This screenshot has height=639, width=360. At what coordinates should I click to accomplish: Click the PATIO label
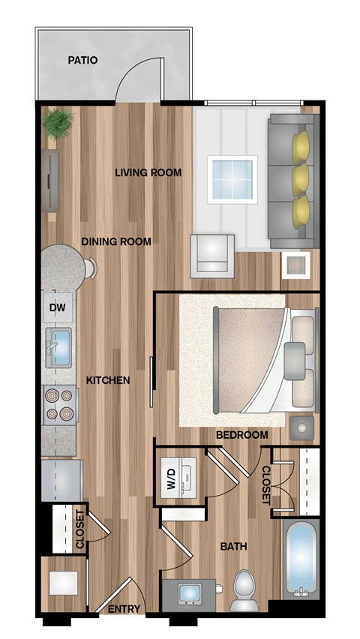(82, 60)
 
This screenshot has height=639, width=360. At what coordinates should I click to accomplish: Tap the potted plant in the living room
(58, 122)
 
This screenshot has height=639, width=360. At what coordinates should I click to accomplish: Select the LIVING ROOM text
(148, 172)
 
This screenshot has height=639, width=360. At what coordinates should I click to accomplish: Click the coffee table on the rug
(232, 178)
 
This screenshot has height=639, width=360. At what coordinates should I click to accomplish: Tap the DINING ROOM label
(116, 241)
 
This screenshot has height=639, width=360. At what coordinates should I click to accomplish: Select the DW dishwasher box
(57, 307)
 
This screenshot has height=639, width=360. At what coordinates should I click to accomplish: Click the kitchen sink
(58, 346)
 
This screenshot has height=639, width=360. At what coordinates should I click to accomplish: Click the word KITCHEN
(107, 380)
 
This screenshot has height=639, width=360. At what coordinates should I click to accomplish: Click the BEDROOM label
(242, 435)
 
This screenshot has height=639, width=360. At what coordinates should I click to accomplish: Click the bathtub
(301, 559)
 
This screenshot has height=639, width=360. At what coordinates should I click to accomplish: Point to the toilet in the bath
(244, 589)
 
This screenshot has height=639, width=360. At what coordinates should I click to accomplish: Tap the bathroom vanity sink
(189, 592)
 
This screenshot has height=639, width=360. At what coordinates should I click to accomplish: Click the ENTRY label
(124, 609)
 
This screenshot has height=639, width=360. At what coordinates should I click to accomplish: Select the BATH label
(233, 546)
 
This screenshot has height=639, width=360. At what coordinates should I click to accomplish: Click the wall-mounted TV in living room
(50, 181)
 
